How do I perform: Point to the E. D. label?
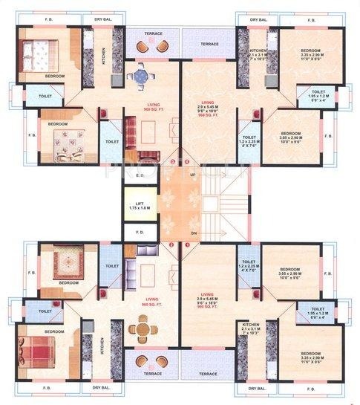140,175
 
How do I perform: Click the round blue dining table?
141,75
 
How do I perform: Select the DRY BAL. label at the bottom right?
258,388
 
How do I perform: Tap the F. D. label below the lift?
140,232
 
